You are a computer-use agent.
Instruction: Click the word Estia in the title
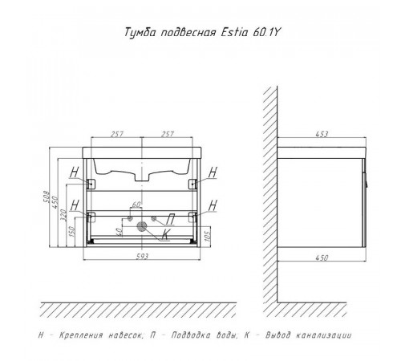pos(234,33)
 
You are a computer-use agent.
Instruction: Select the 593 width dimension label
pos(142,257)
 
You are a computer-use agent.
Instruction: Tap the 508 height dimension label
pos(47,197)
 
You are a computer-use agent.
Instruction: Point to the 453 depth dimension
pos(322,134)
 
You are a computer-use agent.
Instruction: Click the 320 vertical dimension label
pos(63,215)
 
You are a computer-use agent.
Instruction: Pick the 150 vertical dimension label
pos(71,232)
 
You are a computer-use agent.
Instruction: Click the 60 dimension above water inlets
pos(136,205)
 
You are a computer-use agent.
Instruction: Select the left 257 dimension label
pos(117,134)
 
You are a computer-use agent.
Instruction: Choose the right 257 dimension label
pos(168,134)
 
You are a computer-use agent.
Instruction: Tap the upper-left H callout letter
pos(74,172)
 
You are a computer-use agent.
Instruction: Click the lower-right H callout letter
pos(213,205)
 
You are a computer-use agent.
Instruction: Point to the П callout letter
pos(170,220)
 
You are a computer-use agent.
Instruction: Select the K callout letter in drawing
pos(166,234)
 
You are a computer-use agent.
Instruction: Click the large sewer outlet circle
pos(142,226)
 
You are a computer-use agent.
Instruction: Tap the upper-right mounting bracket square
pos(192,185)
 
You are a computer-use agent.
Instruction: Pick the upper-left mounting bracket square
pos(91,185)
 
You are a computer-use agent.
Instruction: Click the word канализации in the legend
pos(324,335)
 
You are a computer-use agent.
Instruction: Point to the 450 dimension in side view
pos(322,258)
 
